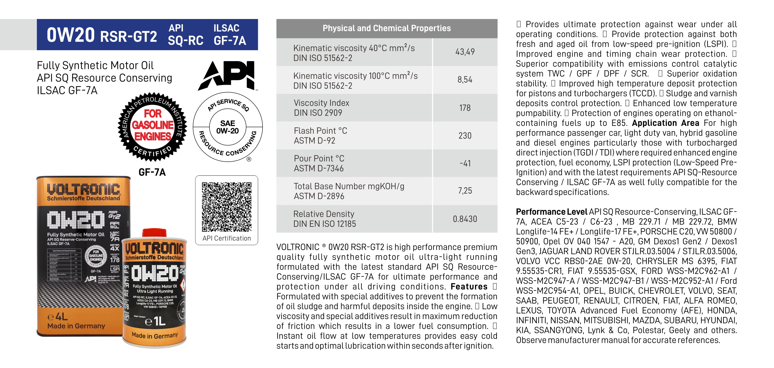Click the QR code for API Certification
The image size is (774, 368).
tap(227, 207)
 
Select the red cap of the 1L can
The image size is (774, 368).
tap(154, 233)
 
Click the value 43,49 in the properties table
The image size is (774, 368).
tap(465, 52)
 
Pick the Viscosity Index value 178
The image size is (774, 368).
tap(465, 108)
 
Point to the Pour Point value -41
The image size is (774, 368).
tap(465, 163)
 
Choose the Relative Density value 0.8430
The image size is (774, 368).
tap(465, 219)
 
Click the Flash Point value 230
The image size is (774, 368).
tap(465, 136)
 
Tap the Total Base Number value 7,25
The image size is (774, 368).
tap(465, 191)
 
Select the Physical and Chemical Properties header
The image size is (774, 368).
tap(387, 28)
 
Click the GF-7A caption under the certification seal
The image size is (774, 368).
tap(152, 172)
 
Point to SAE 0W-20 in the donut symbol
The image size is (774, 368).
tap(228, 127)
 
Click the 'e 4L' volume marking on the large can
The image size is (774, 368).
tap(58, 317)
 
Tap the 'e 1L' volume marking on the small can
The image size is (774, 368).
tap(155, 321)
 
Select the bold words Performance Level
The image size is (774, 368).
tap(551, 212)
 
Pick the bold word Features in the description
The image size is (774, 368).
tap(469, 287)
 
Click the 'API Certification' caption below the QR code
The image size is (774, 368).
tap(227, 238)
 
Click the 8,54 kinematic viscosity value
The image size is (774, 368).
tap(465, 80)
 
